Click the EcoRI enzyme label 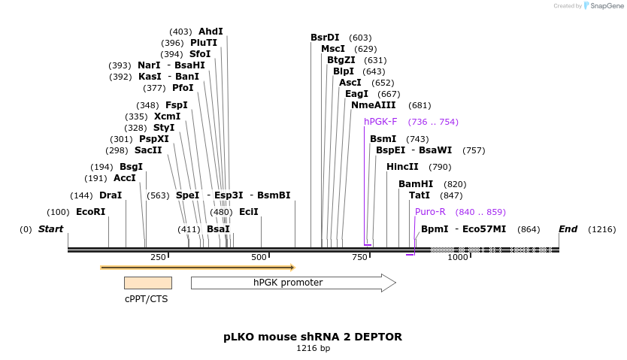(90, 212)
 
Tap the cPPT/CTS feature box (147, 283)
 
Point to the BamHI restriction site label (416, 183)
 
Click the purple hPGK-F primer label (380, 122)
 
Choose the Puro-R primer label (430, 212)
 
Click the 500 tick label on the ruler (259, 257)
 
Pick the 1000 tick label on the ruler (458, 257)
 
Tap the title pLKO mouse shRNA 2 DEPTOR (313, 337)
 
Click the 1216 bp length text (313, 349)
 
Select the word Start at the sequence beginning (50, 228)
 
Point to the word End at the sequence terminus (568, 228)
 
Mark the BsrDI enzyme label (325, 38)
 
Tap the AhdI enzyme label (211, 32)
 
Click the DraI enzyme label (111, 195)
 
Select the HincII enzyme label (402, 167)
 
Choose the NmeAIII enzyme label (374, 105)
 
